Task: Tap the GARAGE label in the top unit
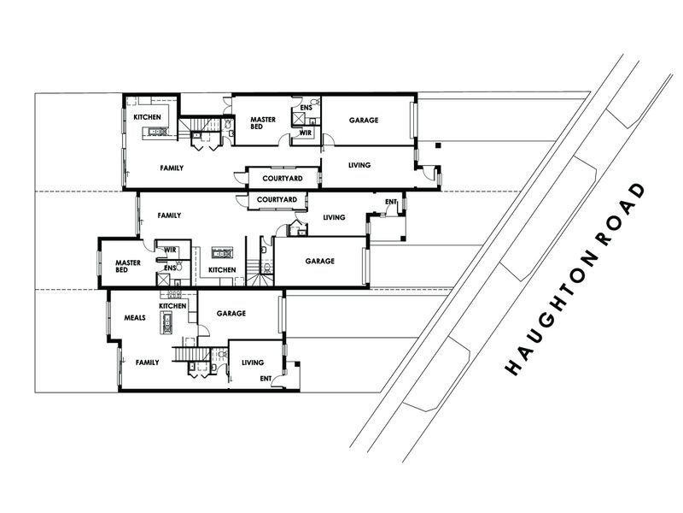click(363, 121)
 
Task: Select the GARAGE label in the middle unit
click(319, 261)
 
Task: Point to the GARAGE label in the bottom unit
click(231, 314)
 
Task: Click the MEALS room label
click(135, 317)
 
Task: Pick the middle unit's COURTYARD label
click(277, 200)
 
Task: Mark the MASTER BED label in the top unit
click(262, 124)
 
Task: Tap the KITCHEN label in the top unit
click(147, 117)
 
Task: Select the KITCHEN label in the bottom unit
click(172, 306)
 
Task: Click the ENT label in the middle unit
click(391, 203)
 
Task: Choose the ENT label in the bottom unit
click(266, 378)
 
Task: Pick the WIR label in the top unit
click(305, 133)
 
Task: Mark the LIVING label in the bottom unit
click(254, 363)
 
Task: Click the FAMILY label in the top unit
click(172, 168)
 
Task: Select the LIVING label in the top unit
click(359, 164)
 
